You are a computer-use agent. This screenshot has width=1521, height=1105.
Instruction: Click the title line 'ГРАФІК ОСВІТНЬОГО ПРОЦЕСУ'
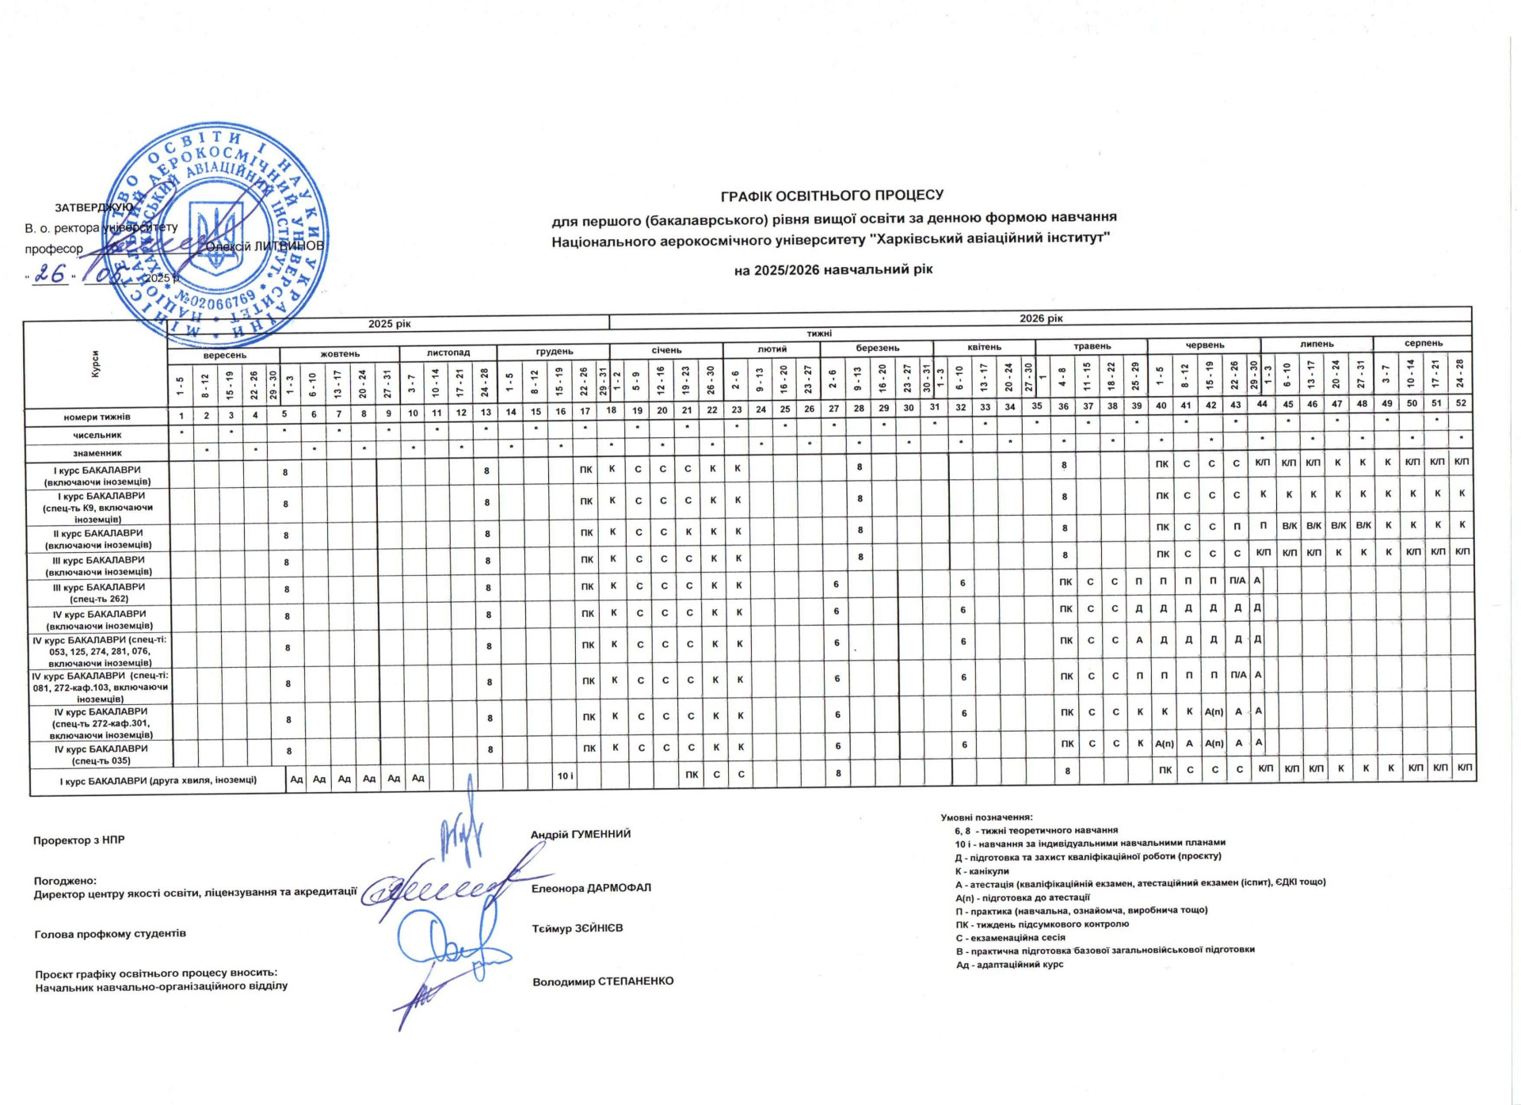[832, 195]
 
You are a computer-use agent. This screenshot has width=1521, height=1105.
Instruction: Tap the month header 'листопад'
[448, 353]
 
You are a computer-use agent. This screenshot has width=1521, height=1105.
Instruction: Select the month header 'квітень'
[984, 347]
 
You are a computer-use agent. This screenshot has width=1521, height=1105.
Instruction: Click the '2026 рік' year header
[1041, 318]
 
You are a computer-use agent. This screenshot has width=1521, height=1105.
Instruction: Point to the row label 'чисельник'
[97, 435]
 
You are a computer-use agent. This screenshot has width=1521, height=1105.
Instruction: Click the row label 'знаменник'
[97, 453]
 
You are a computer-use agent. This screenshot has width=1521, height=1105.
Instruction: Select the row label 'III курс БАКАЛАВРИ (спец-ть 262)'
[99, 593]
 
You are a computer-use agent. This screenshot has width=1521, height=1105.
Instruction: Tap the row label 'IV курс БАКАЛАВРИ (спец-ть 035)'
[101, 754]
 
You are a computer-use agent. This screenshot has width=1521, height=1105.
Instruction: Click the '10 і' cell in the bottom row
[565, 775]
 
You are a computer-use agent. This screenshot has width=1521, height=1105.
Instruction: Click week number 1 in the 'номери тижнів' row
[181, 416]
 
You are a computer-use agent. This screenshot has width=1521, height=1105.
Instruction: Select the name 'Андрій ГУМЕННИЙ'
[581, 834]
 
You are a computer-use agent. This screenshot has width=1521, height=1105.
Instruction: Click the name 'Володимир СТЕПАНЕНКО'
[603, 981]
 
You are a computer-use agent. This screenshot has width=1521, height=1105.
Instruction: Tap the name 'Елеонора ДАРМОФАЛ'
[591, 888]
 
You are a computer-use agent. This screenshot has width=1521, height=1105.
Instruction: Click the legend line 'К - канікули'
[982, 871]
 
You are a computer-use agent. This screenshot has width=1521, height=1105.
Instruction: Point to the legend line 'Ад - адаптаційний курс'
[1009, 965]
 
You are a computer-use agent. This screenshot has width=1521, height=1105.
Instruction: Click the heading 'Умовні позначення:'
[986, 817]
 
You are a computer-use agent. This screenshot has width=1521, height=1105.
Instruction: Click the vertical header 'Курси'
[96, 364]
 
